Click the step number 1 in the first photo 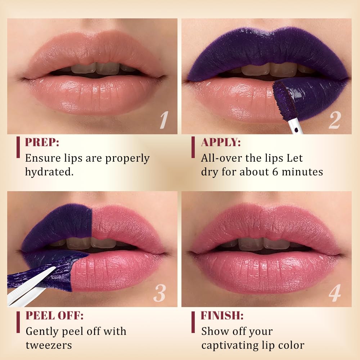coord(164,120)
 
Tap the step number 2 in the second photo coord(334,120)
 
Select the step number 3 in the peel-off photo coord(159,293)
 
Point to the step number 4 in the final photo coord(335,293)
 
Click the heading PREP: coord(42,142)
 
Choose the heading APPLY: coord(221,142)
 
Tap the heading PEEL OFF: coord(54,315)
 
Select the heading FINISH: coord(222,315)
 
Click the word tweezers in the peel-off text coord(49,346)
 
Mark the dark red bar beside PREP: coord(18,147)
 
